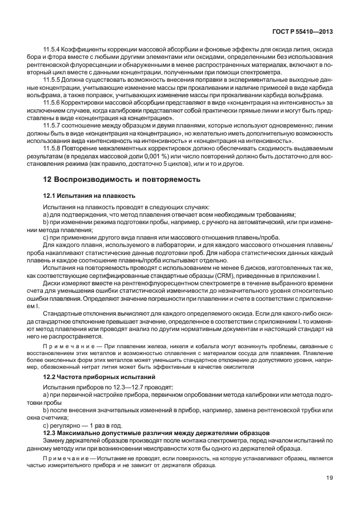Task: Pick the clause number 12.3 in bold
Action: point(50,432)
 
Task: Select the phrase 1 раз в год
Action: point(102,425)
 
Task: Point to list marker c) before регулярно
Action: point(46,425)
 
